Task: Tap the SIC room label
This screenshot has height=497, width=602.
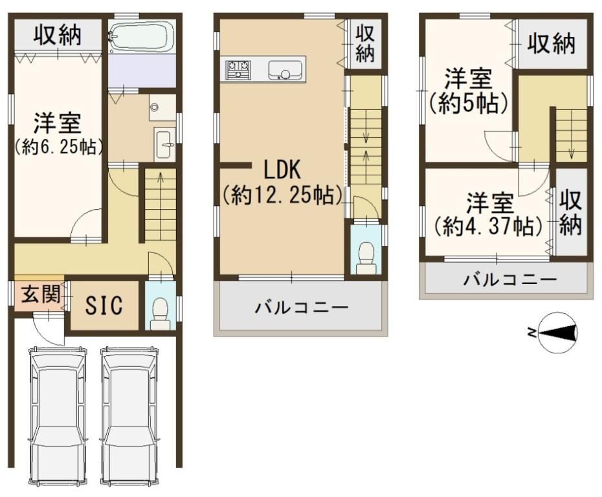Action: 104,305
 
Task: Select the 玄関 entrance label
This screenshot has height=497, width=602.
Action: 40,294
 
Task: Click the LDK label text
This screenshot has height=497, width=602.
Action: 282,170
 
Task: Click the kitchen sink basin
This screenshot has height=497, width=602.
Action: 285,71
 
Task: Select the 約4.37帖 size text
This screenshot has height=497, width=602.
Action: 488,227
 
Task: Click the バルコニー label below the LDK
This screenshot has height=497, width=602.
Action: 302,307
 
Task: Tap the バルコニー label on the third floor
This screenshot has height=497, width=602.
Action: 510,280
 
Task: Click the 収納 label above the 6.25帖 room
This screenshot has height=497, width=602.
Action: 58,35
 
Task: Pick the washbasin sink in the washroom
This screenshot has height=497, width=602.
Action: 165,144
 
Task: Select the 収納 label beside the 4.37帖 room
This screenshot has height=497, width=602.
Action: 570,213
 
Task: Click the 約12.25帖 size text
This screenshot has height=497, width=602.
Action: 283,195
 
